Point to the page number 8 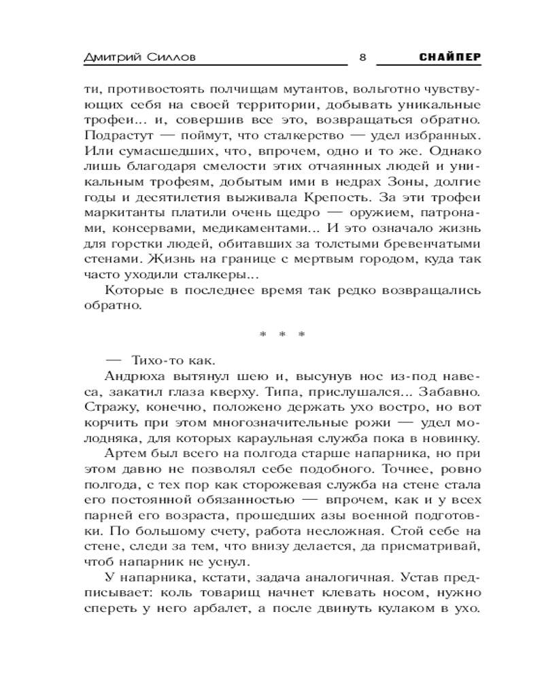pos(362,58)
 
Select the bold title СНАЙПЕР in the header pos(451,58)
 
